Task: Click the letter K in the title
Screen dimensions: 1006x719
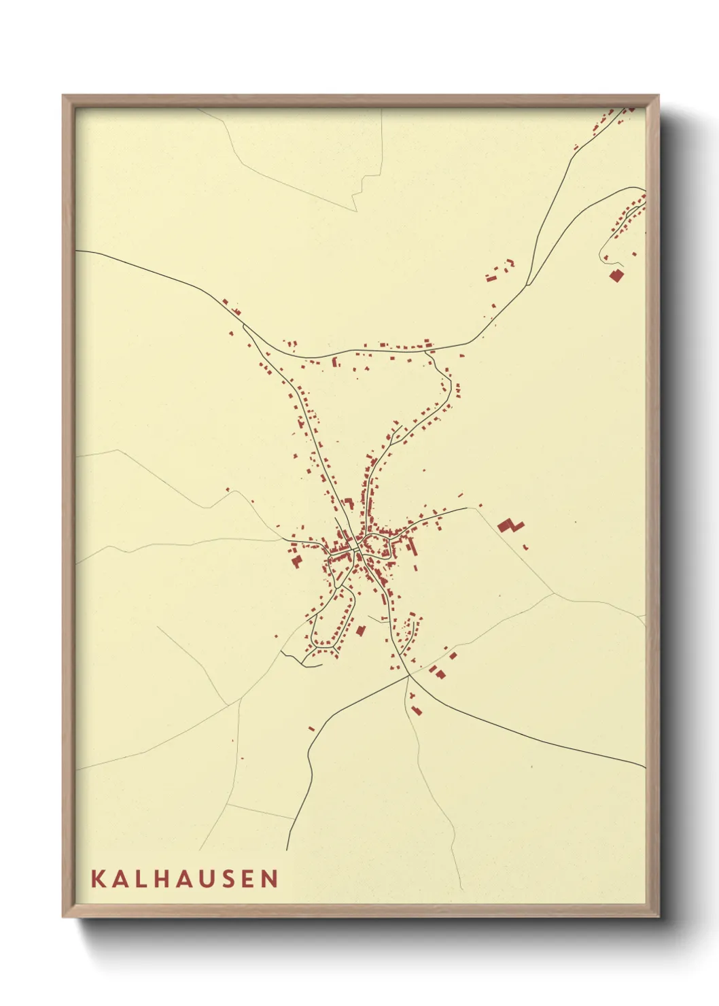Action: coord(97,878)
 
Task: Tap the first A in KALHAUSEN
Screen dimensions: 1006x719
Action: coord(120,878)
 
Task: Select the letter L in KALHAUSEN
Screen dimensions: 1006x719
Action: coord(141,878)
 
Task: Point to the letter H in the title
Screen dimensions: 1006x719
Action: coord(161,878)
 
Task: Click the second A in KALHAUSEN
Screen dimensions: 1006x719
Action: coord(185,878)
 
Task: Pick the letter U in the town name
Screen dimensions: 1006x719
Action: coord(208,878)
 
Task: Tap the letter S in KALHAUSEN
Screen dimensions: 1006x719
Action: coord(229,878)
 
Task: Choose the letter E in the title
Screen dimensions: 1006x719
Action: coord(249,878)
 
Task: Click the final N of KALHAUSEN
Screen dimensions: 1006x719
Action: coord(270,878)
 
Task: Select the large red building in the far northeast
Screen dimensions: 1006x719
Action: coord(616,275)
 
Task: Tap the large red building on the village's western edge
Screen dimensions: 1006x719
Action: coord(296,561)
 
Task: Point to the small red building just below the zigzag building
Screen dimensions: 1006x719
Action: coord(525,547)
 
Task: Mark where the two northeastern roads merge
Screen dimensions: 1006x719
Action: coord(527,285)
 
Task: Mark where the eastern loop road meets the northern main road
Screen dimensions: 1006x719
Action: coord(426,351)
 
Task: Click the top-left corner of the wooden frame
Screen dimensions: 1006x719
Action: coord(63,96)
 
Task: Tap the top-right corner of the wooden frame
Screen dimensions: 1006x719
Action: coord(659,96)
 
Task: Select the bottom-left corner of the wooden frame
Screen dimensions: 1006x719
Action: coord(63,917)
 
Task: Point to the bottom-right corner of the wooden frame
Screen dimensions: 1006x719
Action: coord(659,917)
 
